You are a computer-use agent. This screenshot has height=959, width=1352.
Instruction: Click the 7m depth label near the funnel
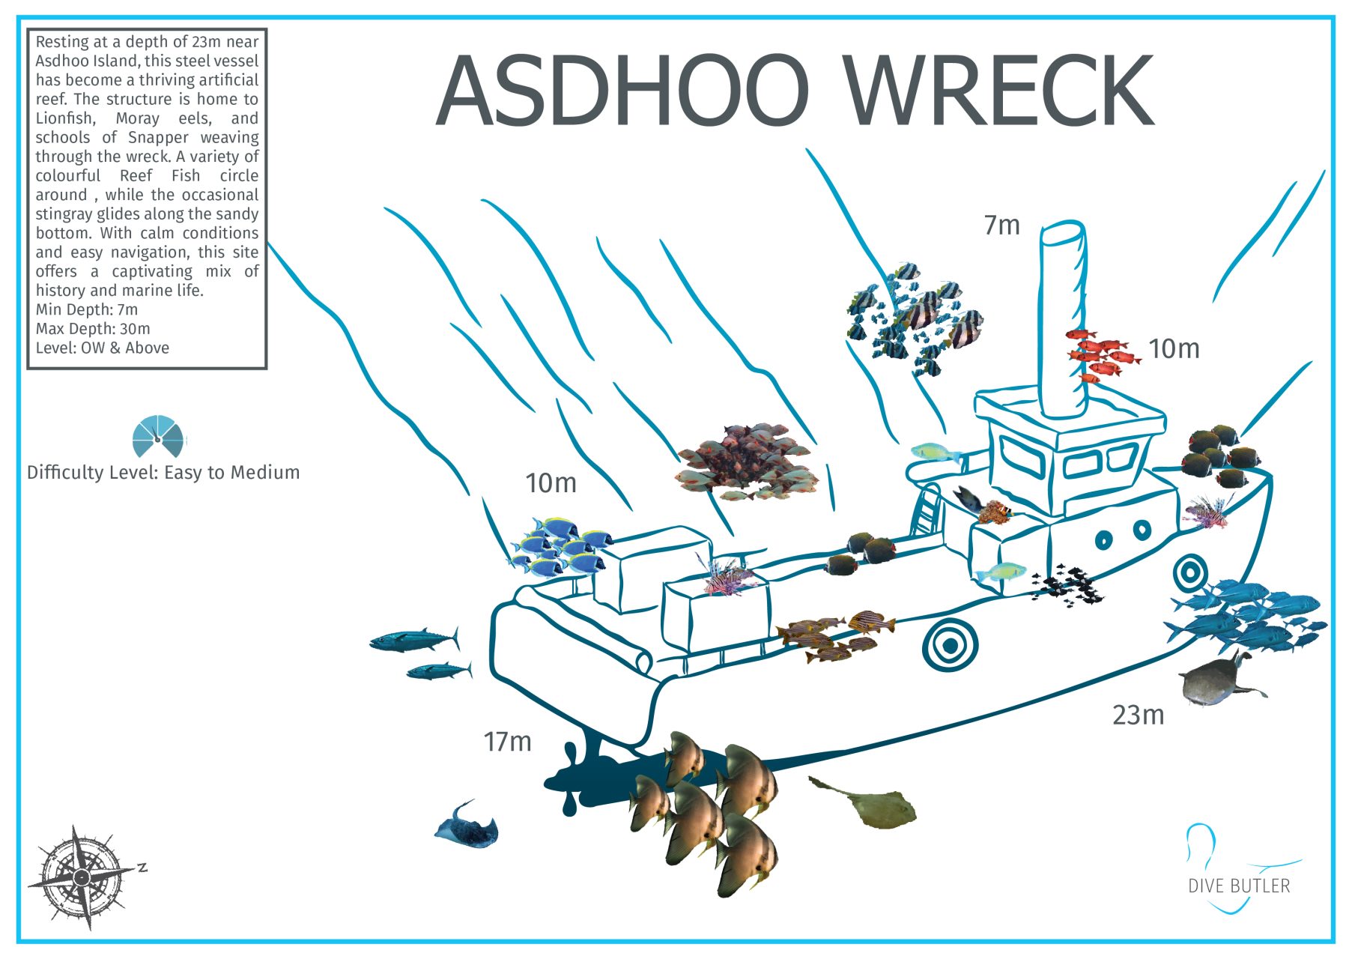tap(1001, 225)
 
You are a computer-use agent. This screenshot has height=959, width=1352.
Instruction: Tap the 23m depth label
tap(1138, 715)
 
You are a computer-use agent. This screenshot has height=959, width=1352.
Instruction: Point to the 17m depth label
tap(507, 742)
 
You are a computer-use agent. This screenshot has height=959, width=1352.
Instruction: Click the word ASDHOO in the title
tap(622, 91)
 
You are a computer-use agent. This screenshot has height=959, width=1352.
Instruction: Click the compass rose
tap(82, 877)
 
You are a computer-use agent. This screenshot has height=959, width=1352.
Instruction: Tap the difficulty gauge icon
tap(157, 436)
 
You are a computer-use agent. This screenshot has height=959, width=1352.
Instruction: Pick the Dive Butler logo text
tap(1239, 886)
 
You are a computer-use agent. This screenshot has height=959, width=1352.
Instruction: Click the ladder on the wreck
tap(927, 509)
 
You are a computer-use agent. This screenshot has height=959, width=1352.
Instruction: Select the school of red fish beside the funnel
tap(1100, 354)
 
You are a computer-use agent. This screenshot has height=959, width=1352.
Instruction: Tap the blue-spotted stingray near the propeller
tap(466, 826)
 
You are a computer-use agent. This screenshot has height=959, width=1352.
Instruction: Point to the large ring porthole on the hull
tap(950, 644)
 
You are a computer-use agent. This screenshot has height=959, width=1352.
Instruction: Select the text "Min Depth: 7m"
tap(87, 309)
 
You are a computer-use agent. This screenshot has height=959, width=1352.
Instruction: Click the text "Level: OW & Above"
tap(103, 348)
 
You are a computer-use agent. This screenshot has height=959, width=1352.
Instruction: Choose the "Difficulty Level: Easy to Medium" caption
tap(163, 473)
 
